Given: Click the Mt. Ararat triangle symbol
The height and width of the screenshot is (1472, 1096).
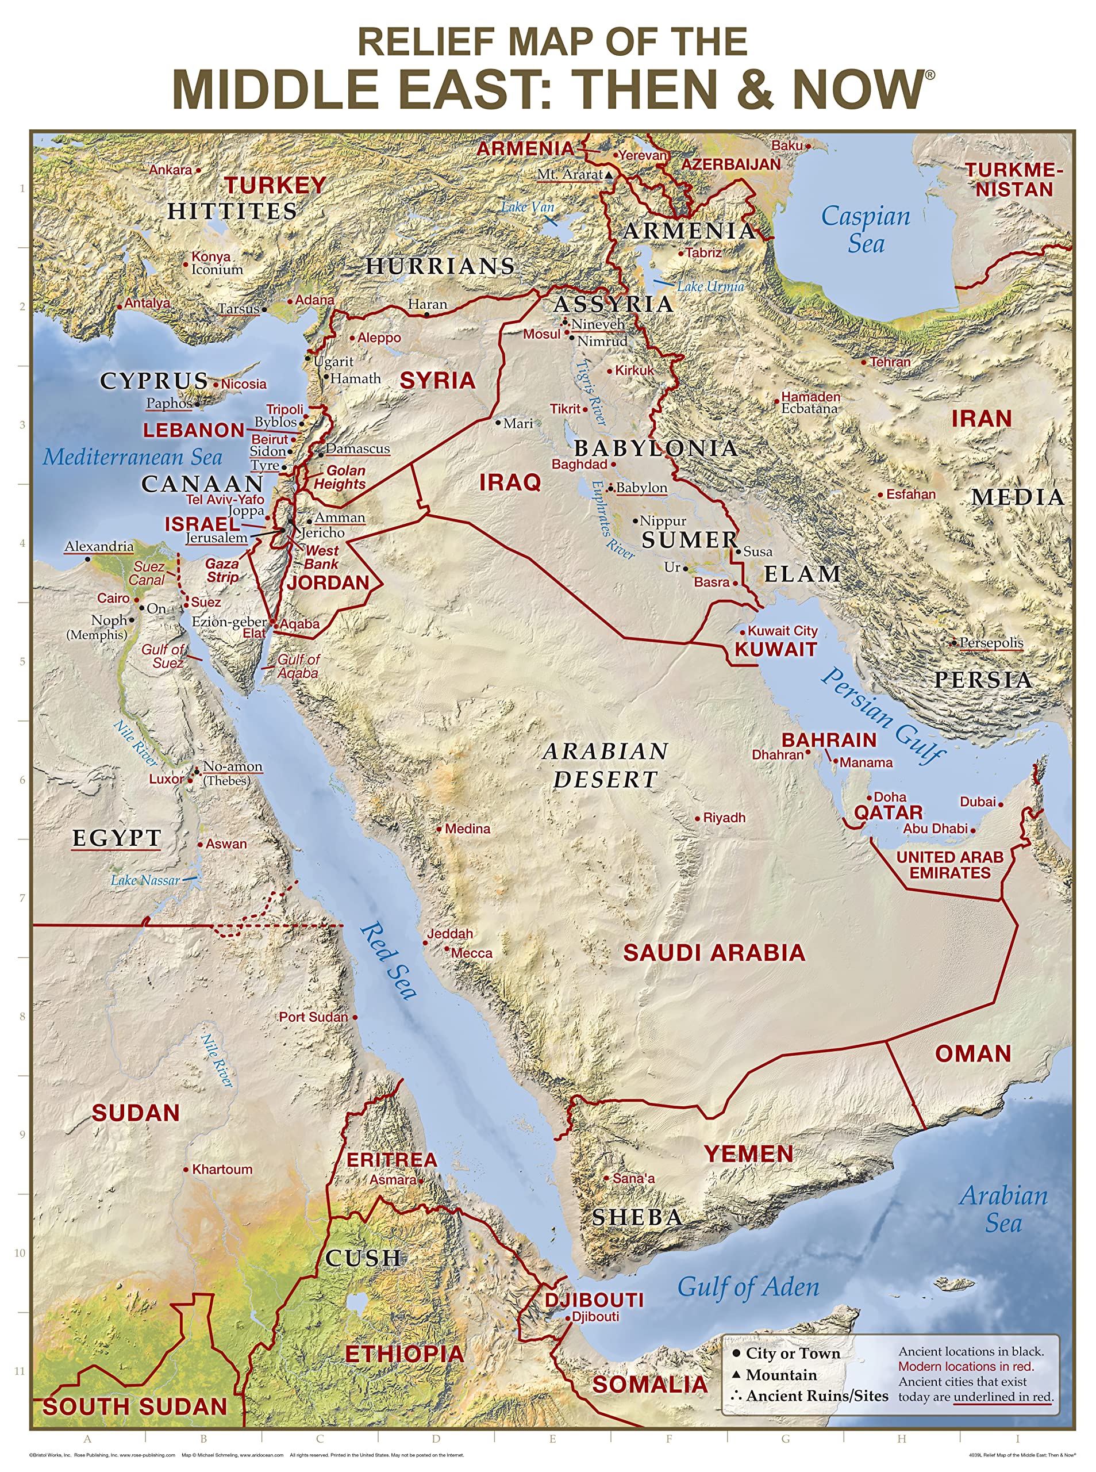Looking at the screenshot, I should pyautogui.click(x=609, y=175).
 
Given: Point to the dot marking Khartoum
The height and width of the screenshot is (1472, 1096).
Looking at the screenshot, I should pyautogui.click(x=186, y=1170).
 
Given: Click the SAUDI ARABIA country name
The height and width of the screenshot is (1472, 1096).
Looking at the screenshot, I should pyautogui.click(x=714, y=952).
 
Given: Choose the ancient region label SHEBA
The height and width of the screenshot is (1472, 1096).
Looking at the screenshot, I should pyautogui.click(x=637, y=1217).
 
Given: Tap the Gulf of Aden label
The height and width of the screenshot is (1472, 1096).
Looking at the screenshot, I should pyautogui.click(x=748, y=1287).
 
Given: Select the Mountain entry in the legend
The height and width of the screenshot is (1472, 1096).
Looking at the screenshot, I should pyautogui.click(x=781, y=1374).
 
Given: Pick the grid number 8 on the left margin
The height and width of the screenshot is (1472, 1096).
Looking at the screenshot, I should pyautogui.click(x=22, y=1016).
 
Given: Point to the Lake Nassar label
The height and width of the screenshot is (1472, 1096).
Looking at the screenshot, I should pyautogui.click(x=145, y=880).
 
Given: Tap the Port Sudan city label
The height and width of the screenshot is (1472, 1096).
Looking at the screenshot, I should pyautogui.click(x=313, y=1017).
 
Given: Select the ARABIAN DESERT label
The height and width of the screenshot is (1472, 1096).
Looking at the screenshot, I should pyautogui.click(x=605, y=765).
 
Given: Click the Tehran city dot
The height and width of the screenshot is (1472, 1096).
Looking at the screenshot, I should pyautogui.click(x=864, y=362).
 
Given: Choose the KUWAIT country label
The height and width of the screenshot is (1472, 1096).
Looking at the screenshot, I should pyautogui.click(x=775, y=649).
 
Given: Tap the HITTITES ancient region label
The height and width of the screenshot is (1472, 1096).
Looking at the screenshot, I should pyautogui.click(x=232, y=211).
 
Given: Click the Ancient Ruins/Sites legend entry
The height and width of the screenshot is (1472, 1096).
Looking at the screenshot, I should pyautogui.click(x=817, y=1396).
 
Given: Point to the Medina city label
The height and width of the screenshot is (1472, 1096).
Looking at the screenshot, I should pyautogui.click(x=467, y=829).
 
